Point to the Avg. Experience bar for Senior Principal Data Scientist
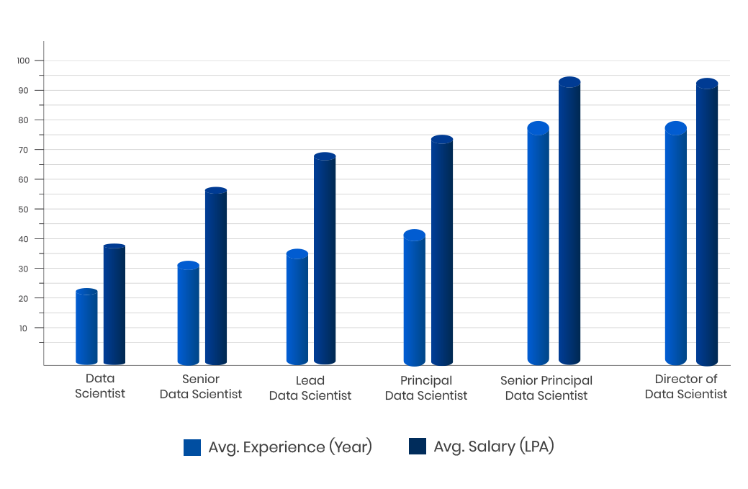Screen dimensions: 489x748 538,245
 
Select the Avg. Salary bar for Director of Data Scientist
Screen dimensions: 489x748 706,223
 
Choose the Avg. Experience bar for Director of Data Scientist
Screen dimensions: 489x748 675,245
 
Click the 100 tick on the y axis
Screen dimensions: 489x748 23,60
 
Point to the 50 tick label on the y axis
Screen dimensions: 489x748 23,209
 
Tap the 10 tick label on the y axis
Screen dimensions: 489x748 23,328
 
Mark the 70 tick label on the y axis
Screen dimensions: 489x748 23,150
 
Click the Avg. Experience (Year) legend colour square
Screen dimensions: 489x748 192,447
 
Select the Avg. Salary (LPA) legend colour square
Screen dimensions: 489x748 418,447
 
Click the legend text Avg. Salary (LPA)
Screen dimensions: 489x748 493,447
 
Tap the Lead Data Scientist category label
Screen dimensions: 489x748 310,387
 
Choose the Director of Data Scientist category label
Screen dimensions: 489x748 685,387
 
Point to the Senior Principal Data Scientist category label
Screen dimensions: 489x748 546,387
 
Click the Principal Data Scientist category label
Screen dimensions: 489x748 426,387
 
